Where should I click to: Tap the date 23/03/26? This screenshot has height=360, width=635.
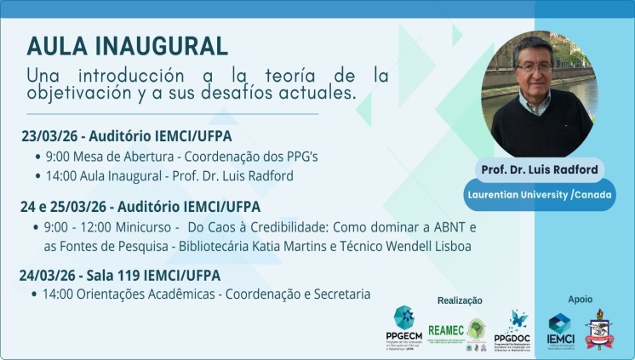tap(49, 136)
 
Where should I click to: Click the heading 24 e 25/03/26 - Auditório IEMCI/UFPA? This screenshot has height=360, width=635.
tap(141, 207)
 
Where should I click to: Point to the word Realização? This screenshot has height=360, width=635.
tap(461, 300)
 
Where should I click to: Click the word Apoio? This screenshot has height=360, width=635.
tap(580, 299)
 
